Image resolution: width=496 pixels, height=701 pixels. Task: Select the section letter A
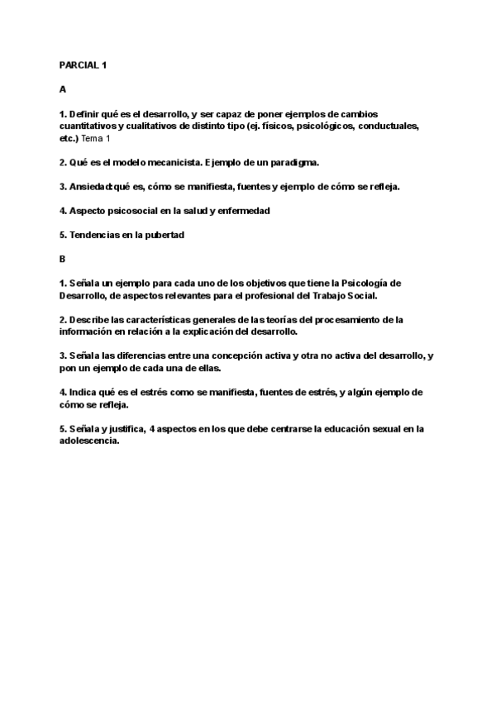62,88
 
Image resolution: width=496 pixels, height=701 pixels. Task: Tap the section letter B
62,259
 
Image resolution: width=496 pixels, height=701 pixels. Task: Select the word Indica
83,392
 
